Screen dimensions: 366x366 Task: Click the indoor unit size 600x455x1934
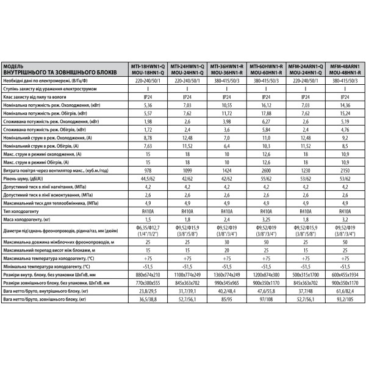tap(345, 276)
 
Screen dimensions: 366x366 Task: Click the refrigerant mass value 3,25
tap(266, 218)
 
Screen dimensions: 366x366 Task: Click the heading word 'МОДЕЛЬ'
tap(16, 65)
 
